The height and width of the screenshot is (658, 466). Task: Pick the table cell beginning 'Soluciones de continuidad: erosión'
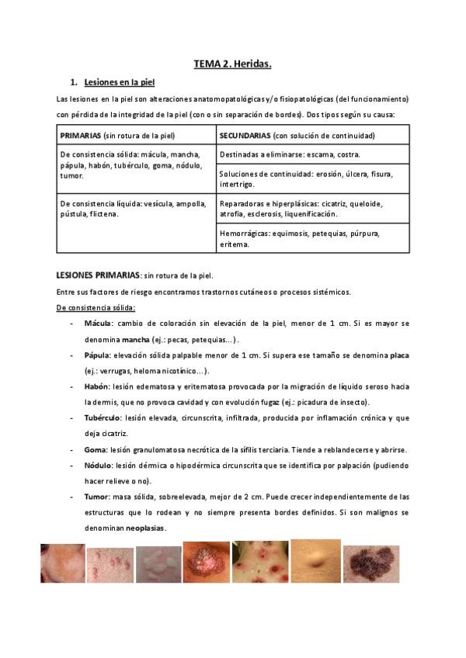click(x=312, y=178)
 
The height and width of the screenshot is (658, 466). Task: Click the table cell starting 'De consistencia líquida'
click(x=136, y=208)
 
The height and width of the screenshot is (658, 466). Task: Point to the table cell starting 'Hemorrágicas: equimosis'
click(x=312, y=238)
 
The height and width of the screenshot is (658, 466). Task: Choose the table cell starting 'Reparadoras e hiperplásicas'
click(x=312, y=208)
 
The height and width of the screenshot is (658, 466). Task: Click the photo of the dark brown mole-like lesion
click(x=376, y=562)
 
